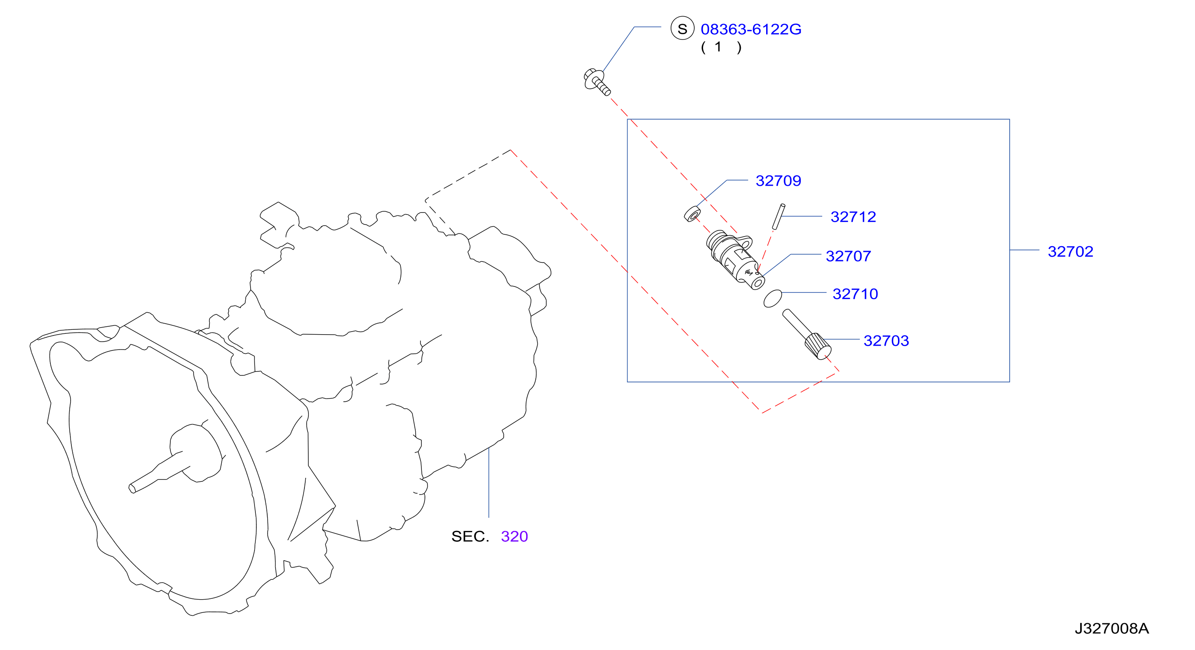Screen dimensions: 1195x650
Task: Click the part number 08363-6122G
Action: click(750, 29)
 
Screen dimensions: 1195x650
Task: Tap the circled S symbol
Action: click(682, 28)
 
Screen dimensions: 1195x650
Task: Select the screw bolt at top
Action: click(597, 81)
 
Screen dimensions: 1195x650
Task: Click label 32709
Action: click(778, 180)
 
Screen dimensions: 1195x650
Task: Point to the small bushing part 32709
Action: click(692, 214)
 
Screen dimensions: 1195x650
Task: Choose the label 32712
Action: click(853, 217)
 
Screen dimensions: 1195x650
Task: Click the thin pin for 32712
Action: click(778, 216)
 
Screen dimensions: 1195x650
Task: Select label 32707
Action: click(849, 256)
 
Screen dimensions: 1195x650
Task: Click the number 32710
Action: click(855, 294)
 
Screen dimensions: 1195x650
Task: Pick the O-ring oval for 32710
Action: click(772, 298)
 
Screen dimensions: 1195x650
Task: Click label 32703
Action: click(886, 340)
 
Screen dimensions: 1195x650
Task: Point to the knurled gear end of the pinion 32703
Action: click(817, 346)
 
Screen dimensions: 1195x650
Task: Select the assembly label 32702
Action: click(1070, 251)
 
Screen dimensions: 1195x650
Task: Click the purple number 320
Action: click(514, 536)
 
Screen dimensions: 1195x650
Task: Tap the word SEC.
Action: click(470, 536)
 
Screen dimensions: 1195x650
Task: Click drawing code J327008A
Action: click(1111, 628)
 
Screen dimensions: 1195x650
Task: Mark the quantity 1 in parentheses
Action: click(718, 47)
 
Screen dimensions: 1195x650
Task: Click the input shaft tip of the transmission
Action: click(132, 488)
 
